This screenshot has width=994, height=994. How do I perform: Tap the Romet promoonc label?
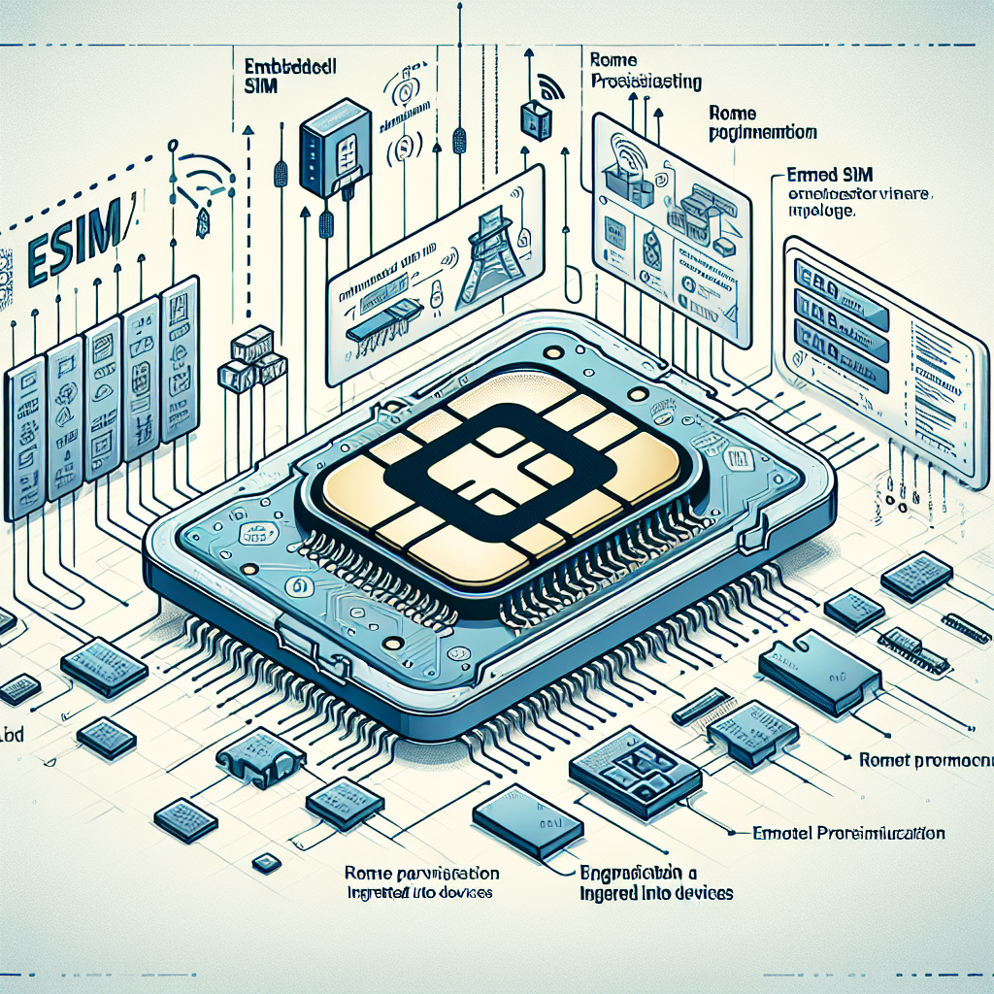[926, 761]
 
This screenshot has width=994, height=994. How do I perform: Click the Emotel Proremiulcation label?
[849, 833]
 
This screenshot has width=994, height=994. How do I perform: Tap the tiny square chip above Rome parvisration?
[263, 861]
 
